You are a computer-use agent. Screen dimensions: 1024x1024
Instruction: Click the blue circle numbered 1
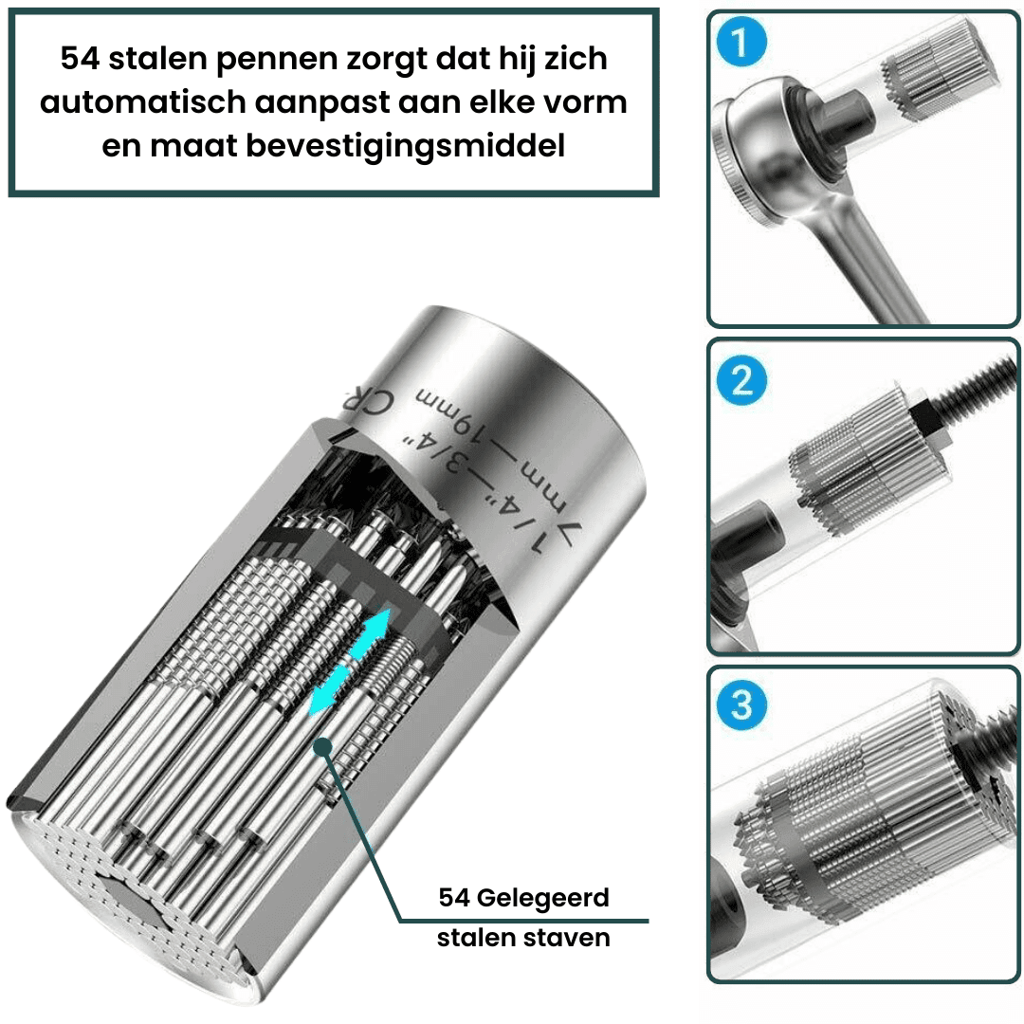click(x=741, y=43)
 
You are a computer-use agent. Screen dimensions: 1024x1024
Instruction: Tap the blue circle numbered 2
click(x=741, y=380)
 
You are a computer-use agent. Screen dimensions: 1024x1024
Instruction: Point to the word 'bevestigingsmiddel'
click(x=405, y=146)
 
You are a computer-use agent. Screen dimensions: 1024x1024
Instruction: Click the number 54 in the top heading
click(x=80, y=59)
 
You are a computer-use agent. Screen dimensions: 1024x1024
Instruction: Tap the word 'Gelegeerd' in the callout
click(x=542, y=899)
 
